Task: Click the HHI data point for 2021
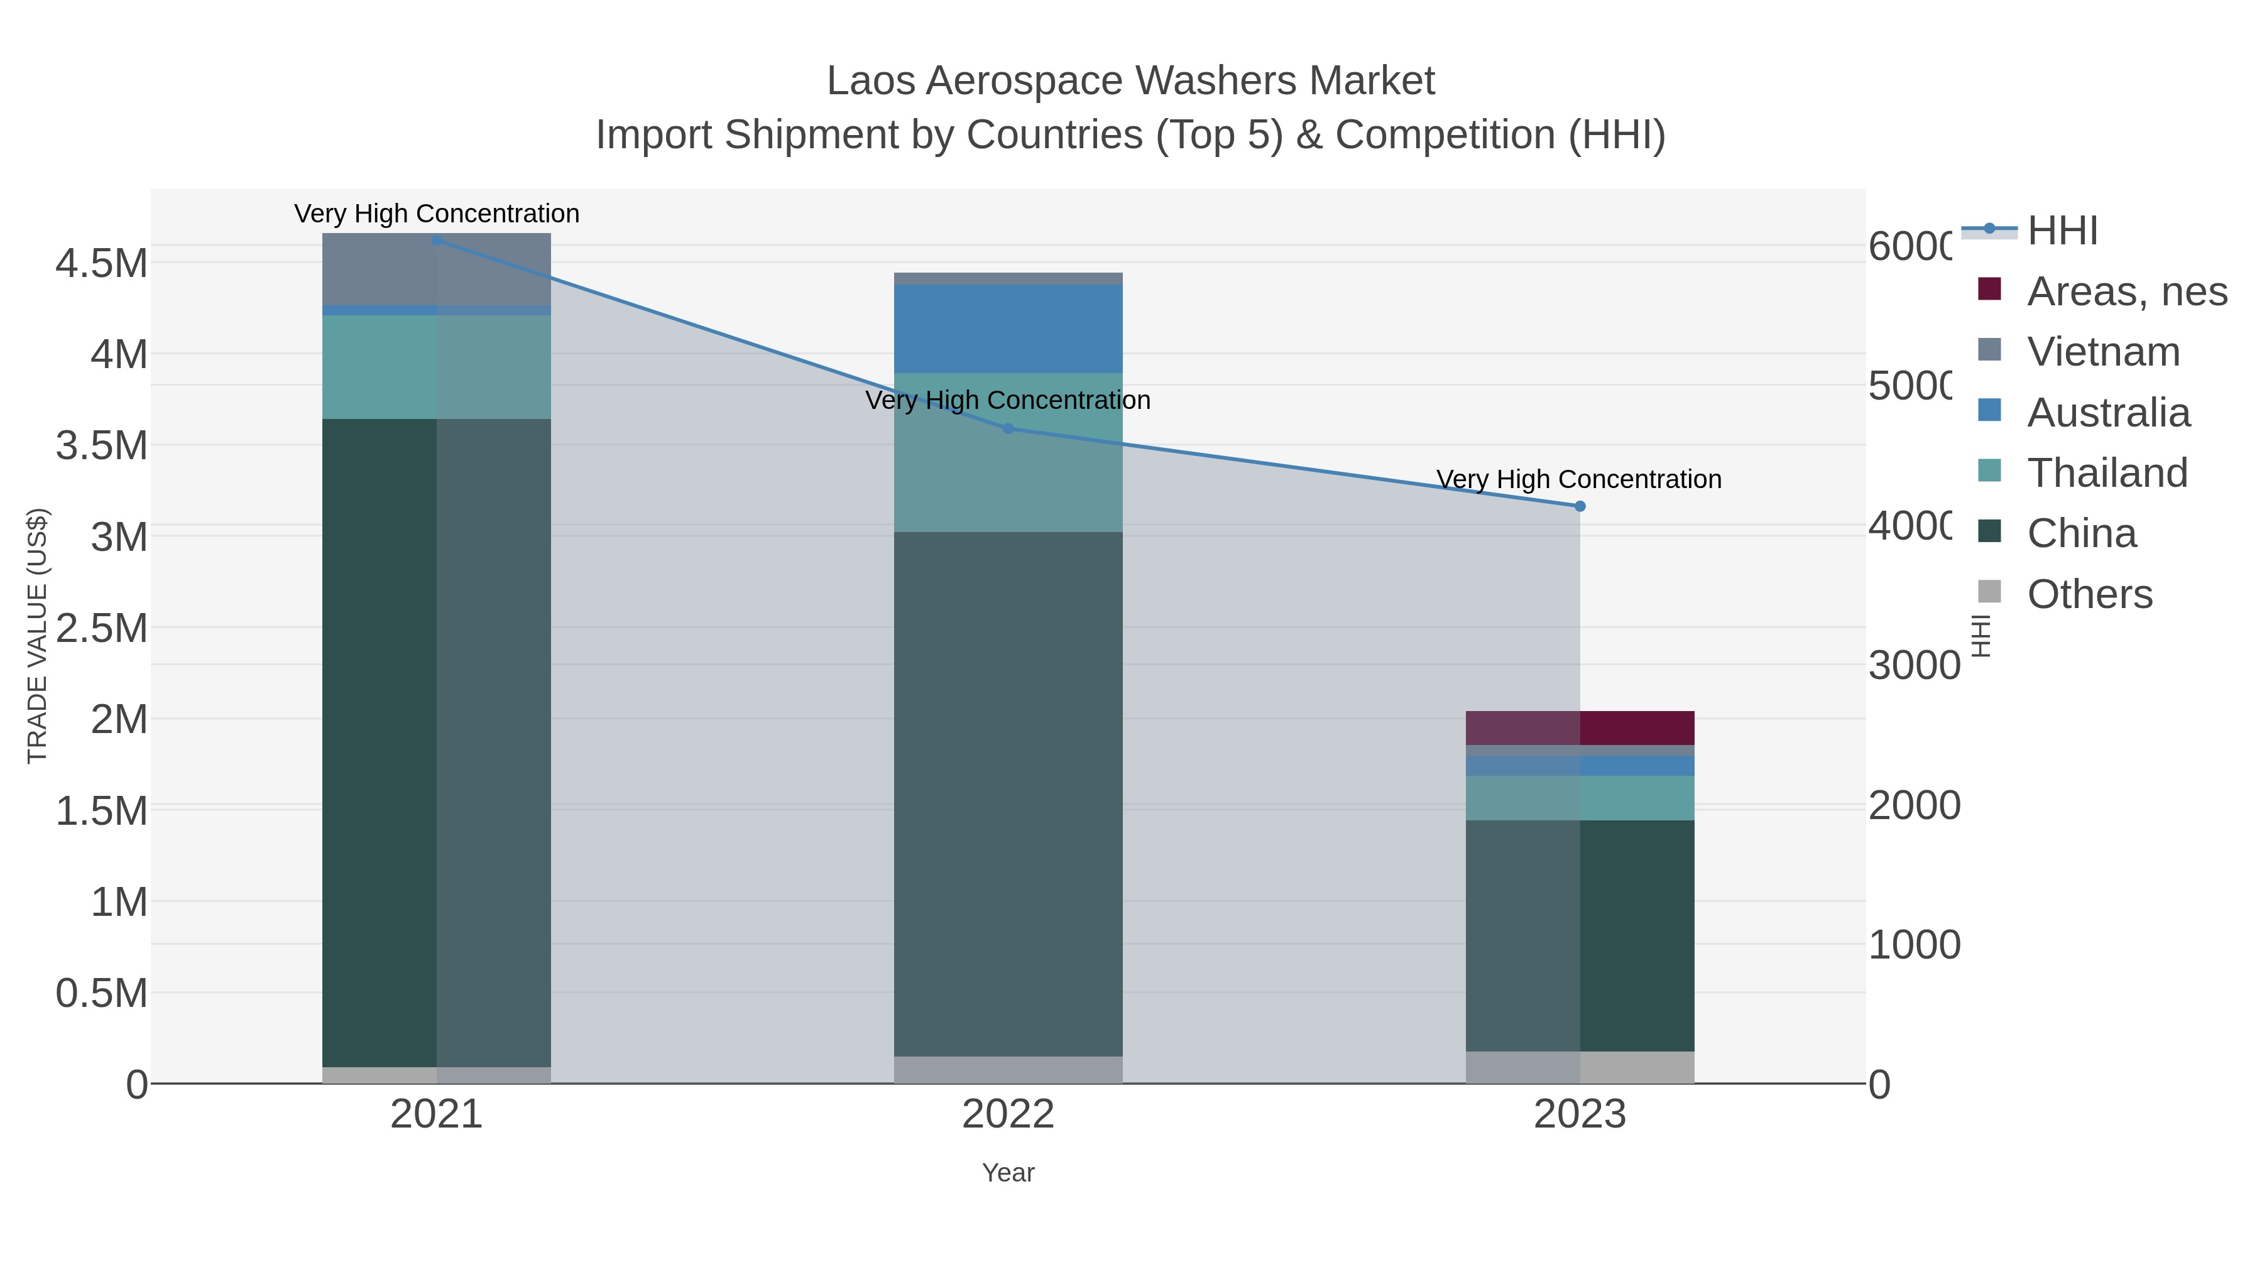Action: (437, 240)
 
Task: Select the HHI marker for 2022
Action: (1008, 428)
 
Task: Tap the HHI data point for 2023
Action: (1580, 506)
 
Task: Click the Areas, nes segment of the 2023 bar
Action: (1580, 728)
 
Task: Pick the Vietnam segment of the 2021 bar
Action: (437, 269)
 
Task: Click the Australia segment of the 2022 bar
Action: (1008, 329)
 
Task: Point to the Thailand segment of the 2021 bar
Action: (437, 366)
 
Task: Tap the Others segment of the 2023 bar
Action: (1580, 1067)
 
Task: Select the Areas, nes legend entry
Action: (2126, 291)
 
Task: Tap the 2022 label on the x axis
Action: (1008, 1114)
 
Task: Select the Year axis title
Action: (1008, 1172)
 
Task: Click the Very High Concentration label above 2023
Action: (1578, 479)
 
